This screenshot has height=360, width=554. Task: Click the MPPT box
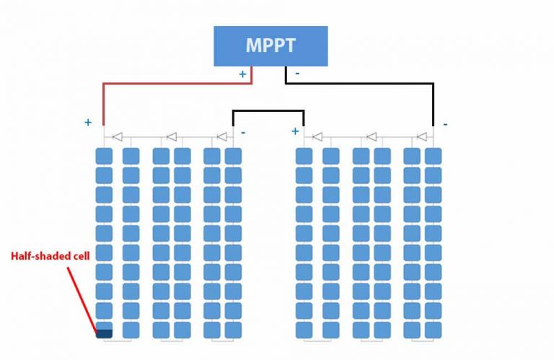[271, 46]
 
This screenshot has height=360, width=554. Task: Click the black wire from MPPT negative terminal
[361, 83]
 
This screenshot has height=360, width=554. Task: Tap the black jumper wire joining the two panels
[268, 111]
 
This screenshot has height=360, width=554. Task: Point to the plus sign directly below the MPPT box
[242, 74]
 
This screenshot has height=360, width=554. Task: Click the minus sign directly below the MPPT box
[296, 74]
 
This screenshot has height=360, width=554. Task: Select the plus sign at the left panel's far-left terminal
[88, 123]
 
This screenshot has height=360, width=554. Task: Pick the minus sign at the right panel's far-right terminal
[445, 124]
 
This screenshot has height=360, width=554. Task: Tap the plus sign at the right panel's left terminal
[294, 131]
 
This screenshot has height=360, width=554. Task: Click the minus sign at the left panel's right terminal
[243, 132]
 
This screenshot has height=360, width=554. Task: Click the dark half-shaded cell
[105, 332]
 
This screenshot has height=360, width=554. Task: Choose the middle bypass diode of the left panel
[172, 136]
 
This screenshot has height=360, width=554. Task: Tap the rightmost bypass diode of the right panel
[422, 136]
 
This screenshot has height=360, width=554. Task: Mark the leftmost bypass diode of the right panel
[317, 136]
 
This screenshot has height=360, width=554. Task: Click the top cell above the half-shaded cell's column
[105, 155]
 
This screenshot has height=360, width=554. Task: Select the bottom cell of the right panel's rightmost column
[433, 330]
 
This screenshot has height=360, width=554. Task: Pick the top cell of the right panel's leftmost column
[304, 155]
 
